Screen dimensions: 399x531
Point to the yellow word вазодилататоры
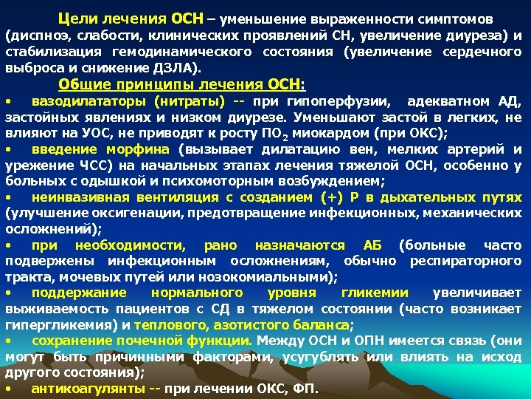pos(83,100)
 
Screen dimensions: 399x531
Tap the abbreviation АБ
pos(372,245)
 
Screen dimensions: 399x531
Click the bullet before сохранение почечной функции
pos(8,341)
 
